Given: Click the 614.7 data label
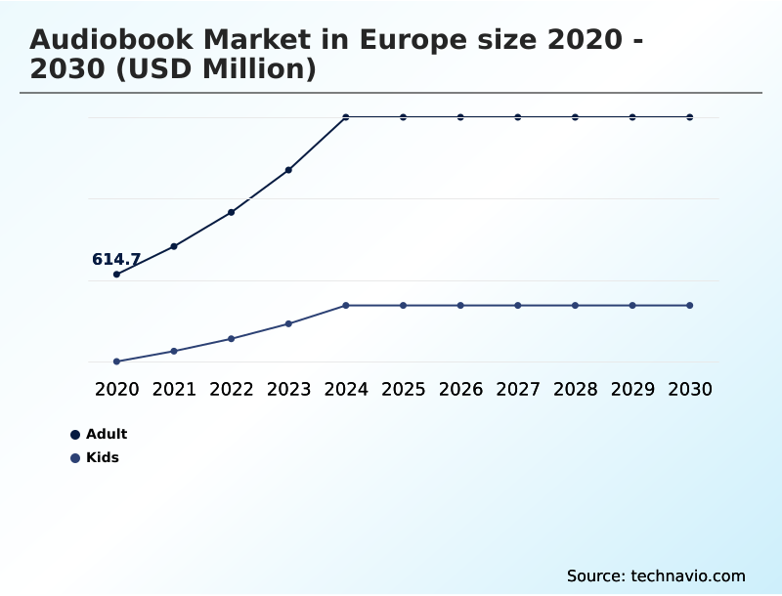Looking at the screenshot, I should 116,260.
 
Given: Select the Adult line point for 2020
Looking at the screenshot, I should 116,275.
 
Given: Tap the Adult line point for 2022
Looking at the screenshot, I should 232,212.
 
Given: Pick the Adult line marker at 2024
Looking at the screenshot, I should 346,117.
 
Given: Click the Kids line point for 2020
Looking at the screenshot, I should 116,362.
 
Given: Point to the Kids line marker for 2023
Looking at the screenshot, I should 288,323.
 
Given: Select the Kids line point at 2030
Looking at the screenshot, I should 690,306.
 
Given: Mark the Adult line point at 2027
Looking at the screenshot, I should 518,117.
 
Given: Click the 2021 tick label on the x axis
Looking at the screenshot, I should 174,389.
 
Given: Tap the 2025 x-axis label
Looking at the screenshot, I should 403,389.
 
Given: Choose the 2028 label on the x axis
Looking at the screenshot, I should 575,389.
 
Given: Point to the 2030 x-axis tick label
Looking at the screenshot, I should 690,389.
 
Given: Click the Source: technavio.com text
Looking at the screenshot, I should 656,575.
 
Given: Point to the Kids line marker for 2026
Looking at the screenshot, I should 460,306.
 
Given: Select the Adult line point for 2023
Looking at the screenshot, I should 288,170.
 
